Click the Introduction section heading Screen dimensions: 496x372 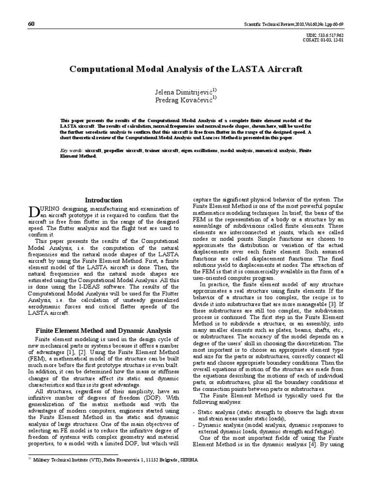click(104, 200)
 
